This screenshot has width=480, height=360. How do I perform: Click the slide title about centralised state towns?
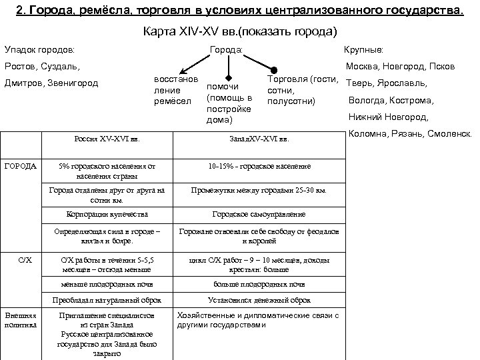pos(239,9)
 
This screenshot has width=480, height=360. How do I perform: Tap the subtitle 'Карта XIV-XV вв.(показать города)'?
pos(240,31)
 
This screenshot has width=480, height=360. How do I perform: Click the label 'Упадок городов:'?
pos(39,50)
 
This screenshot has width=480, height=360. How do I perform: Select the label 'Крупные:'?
pos(362,50)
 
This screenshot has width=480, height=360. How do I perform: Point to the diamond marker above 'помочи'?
pos(229,75)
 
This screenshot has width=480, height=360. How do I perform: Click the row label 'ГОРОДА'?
pos(20,165)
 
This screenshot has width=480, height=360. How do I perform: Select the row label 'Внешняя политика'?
pos(21,320)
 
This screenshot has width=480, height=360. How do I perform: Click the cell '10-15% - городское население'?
pos(259,166)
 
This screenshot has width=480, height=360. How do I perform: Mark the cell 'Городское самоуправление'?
pos(259,215)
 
